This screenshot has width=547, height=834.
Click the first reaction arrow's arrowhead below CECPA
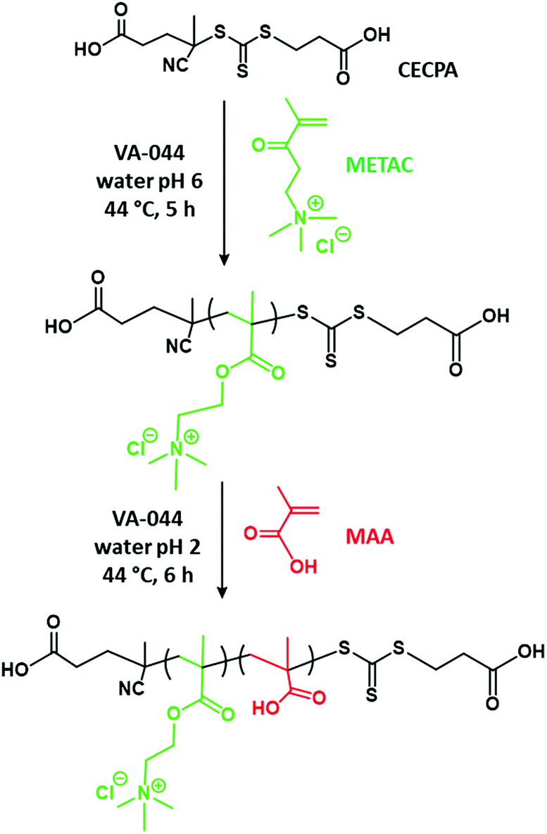coord(223,258)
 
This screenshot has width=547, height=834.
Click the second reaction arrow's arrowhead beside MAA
coord(223,589)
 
